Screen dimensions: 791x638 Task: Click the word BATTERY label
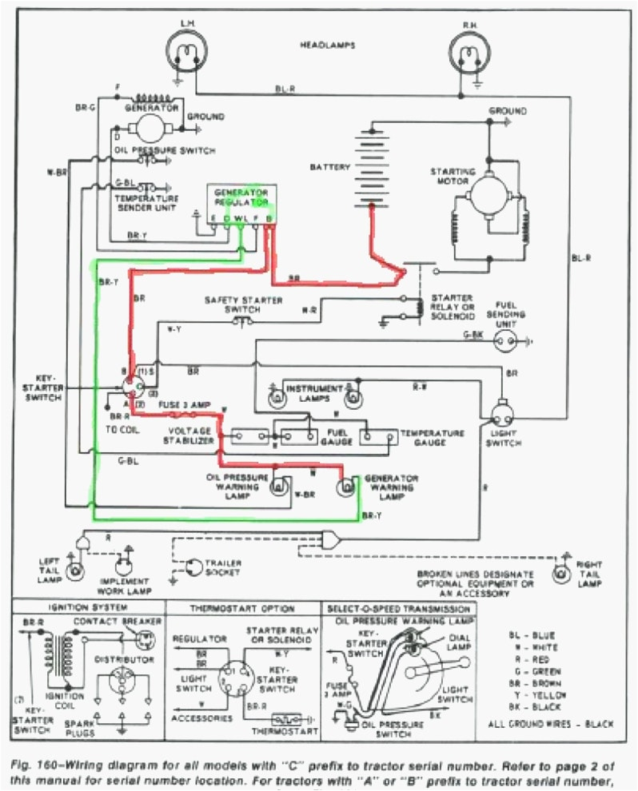coord(329,167)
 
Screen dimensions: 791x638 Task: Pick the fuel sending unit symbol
coord(504,344)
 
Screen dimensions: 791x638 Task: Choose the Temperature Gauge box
coord(377,436)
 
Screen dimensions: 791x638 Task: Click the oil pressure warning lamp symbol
coord(279,485)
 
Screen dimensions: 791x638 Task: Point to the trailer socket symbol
coord(194,566)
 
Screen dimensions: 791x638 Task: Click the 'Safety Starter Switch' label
coord(238,304)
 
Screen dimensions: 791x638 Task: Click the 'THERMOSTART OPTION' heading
coord(241,608)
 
